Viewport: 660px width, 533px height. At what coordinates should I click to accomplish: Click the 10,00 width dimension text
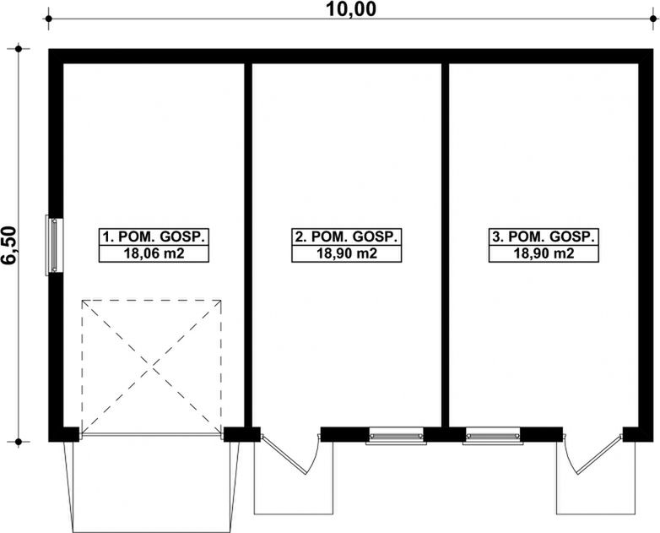(x=350, y=9)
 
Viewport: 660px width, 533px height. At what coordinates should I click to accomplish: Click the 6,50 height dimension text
(x=9, y=246)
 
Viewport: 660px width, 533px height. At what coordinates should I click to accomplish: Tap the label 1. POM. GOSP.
(x=154, y=237)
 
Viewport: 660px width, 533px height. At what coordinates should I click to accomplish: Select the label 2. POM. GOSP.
(x=346, y=237)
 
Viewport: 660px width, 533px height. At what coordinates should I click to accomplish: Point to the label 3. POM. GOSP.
(x=544, y=237)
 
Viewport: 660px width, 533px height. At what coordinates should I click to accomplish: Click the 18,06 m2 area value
(x=154, y=253)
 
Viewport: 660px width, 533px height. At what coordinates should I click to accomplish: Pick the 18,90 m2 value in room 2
(x=346, y=253)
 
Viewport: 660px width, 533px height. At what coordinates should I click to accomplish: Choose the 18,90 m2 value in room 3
(x=544, y=253)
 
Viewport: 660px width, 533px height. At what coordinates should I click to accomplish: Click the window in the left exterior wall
(x=54, y=245)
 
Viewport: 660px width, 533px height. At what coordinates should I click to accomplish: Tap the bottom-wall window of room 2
(x=396, y=436)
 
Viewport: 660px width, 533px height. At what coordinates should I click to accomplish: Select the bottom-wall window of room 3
(x=493, y=436)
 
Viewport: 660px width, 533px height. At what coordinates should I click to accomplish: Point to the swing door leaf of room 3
(x=598, y=455)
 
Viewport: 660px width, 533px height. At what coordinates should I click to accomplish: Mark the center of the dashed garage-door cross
(x=152, y=367)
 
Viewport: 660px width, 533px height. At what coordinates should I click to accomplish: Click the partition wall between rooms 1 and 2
(x=248, y=245)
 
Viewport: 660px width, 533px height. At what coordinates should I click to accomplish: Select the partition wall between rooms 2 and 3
(x=446, y=245)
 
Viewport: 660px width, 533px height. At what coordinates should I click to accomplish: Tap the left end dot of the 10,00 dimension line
(x=48, y=19)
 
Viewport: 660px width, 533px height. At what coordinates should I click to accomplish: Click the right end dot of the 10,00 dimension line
(x=653, y=19)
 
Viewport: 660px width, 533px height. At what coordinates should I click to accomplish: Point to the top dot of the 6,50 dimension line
(x=18, y=49)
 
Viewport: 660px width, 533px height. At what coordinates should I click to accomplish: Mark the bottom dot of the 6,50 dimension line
(x=18, y=442)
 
